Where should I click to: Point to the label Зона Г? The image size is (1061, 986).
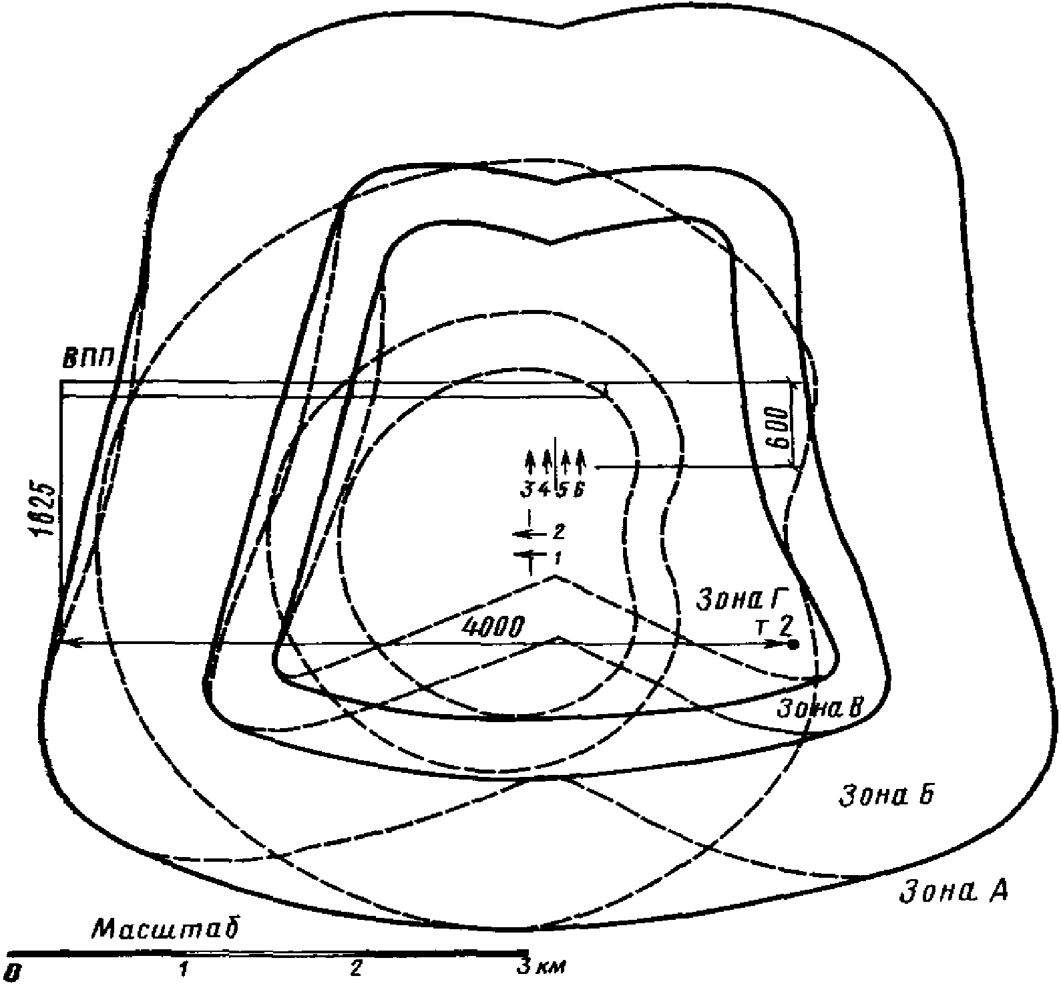click(742, 594)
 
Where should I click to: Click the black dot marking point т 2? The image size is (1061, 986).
click(793, 644)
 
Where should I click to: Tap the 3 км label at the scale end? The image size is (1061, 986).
click(542, 967)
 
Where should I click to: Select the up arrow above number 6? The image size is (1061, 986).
click(580, 461)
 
